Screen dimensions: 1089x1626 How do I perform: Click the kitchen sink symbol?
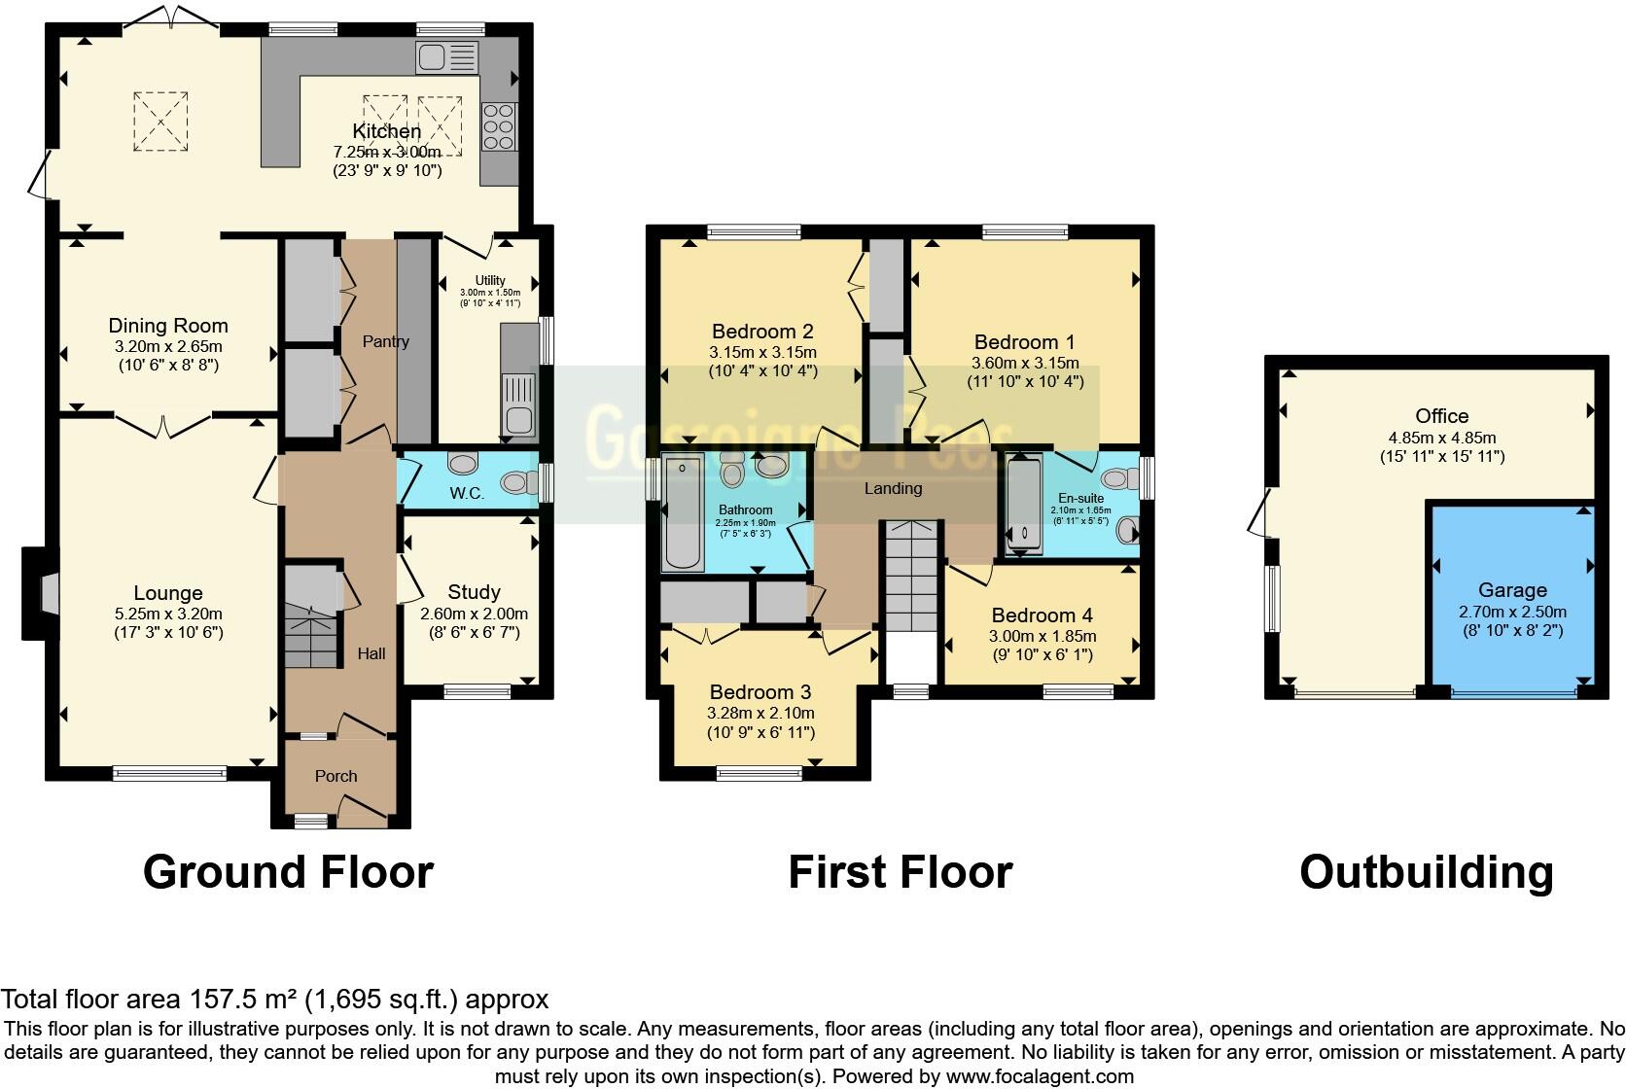[x=447, y=57]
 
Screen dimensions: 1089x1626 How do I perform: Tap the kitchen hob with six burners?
[x=499, y=126]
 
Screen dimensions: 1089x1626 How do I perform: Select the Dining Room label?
[x=168, y=326]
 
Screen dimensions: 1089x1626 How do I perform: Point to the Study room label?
[x=474, y=592]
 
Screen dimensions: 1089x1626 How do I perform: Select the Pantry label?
[x=385, y=341]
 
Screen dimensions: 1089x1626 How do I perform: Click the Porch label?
[x=336, y=776]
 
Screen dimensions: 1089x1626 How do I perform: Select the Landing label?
[x=893, y=488]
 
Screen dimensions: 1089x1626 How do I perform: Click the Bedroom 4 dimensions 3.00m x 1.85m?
[x=1043, y=636]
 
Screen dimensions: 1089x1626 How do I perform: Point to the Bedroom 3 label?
[x=760, y=692]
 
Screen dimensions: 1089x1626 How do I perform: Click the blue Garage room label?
[x=1512, y=590]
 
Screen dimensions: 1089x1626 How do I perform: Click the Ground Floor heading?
[x=288, y=872]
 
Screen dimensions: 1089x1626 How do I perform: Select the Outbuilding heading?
[x=1426, y=872]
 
